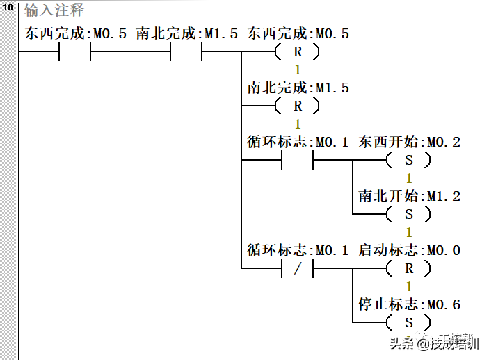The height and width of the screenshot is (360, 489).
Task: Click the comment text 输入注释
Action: point(54,11)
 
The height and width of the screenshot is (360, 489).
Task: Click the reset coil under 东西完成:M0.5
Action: point(298,51)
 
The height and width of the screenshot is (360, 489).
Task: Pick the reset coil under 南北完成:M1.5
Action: point(298,106)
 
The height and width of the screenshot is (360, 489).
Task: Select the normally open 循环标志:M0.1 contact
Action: point(298,160)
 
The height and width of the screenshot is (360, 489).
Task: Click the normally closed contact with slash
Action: point(298,268)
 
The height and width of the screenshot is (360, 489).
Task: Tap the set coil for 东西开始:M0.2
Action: point(409,160)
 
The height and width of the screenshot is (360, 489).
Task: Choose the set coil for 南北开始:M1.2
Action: point(409,214)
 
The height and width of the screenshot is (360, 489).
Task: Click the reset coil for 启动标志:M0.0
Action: point(409,268)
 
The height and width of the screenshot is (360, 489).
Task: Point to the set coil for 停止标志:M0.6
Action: point(409,322)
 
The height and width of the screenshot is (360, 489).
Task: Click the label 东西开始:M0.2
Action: point(409,142)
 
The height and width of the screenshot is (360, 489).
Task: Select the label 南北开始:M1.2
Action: point(409,197)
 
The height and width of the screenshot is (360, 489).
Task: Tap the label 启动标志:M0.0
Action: point(409,251)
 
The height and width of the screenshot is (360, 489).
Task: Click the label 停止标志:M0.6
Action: point(409,305)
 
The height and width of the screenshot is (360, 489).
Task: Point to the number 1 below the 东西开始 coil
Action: point(409,178)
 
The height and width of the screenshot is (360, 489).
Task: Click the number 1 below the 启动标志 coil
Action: point(409,286)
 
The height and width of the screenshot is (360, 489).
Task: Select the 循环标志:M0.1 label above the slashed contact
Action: point(298,251)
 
